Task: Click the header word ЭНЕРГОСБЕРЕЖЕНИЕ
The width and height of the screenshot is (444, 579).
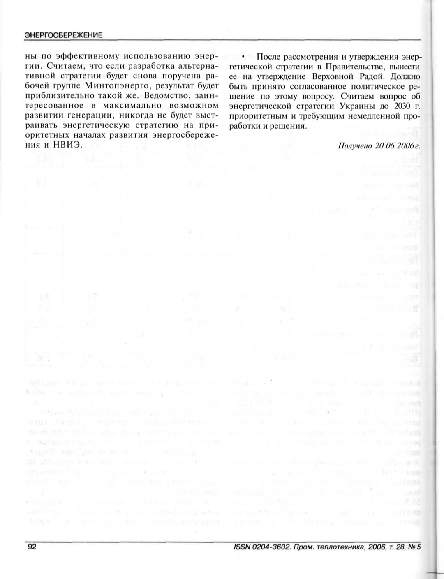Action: [x=63, y=35]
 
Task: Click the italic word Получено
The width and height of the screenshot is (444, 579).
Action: [x=353, y=146]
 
